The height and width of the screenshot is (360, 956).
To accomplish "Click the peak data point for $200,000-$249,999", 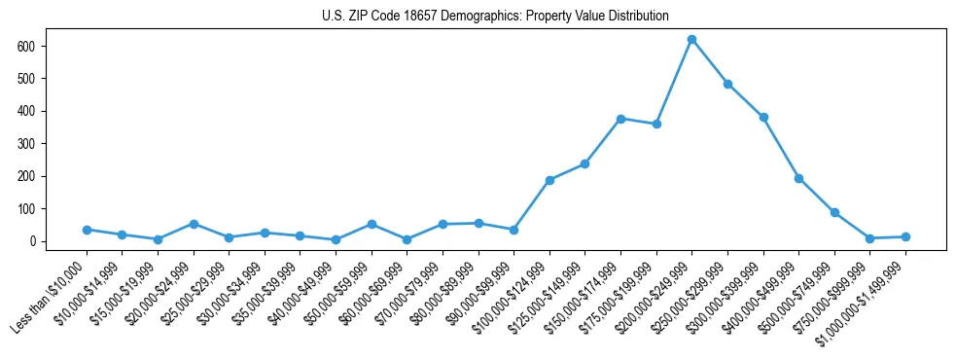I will click(x=691, y=39).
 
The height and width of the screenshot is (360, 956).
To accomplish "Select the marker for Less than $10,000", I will click(x=87, y=230).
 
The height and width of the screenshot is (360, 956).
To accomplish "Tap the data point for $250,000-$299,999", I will click(x=727, y=84).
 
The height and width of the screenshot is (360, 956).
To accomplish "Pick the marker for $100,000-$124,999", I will click(x=549, y=180).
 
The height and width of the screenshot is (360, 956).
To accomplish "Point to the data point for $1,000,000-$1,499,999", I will click(x=905, y=236).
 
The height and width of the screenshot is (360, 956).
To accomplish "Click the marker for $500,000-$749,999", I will click(x=834, y=212).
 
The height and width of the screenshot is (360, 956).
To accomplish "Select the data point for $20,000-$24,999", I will click(x=194, y=224).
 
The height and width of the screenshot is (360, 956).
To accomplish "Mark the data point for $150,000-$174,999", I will click(x=620, y=119).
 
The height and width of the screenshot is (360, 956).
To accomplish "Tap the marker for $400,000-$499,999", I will click(x=798, y=178).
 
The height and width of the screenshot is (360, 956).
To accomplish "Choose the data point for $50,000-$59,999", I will click(x=372, y=224).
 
